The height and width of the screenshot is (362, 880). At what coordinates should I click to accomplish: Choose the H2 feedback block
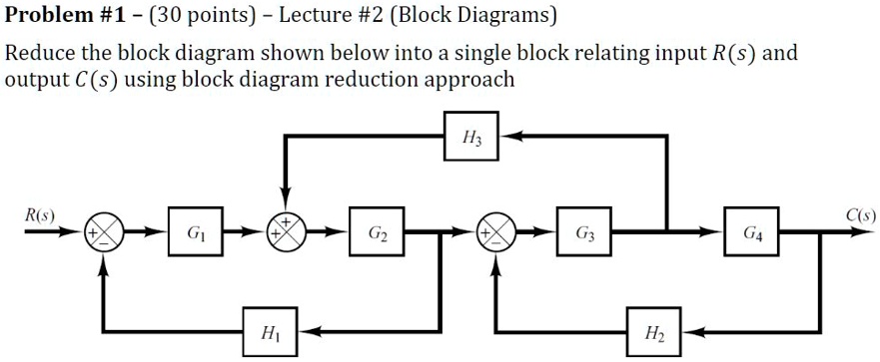[654, 330]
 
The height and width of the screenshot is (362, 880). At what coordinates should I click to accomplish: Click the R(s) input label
[41, 214]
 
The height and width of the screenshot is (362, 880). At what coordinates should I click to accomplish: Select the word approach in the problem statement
[468, 80]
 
